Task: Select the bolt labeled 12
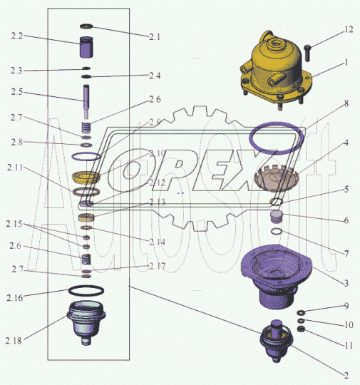(x=307, y=53)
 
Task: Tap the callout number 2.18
(x=14, y=341)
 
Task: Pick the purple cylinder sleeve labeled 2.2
(x=86, y=47)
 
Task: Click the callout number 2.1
(x=155, y=37)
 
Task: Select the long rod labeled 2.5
(x=86, y=101)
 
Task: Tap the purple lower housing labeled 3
(x=277, y=275)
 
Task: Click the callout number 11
(x=349, y=346)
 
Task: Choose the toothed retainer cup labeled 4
(x=276, y=179)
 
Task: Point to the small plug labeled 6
(x=277, y=217)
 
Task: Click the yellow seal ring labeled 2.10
(x=86, y=178)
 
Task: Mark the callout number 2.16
(x=14, y=298)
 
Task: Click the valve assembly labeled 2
(x=277, y=341)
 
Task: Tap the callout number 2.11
(x=15, y=168)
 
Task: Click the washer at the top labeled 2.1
(x=86, y=26)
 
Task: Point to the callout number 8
(x=346, y=103)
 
